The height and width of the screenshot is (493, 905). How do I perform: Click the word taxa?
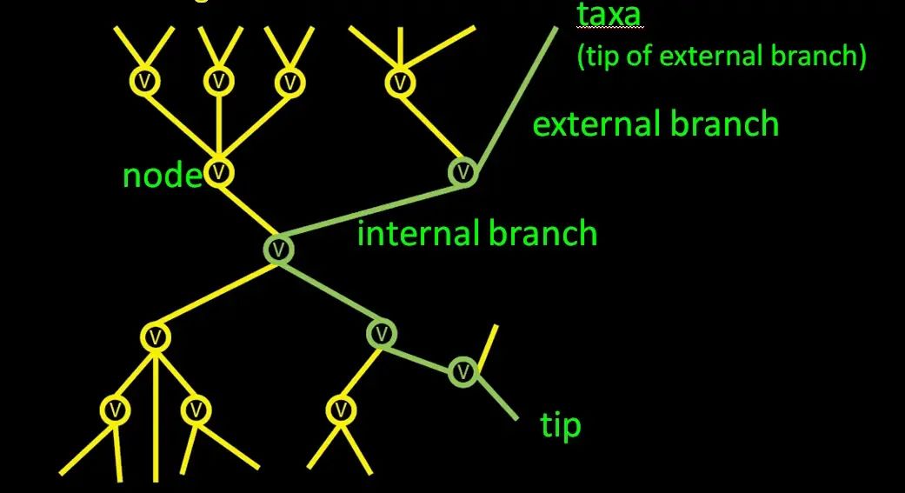click(609, 16)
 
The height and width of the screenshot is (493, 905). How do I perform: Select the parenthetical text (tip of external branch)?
click(721, 57)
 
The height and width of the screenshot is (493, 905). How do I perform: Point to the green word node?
click(163, 176)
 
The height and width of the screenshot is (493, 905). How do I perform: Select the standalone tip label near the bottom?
click(561, 426)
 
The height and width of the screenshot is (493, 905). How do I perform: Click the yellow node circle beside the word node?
click(219, 171)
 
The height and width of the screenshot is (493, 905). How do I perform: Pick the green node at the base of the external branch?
click(463, 172)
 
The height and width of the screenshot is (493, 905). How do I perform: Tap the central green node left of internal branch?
click(279, 249)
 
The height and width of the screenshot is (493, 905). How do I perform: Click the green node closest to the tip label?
click(464, 372)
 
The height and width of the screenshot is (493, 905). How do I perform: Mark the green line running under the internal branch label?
click(374, 213)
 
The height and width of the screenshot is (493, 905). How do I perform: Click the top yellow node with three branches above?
click(399, 83)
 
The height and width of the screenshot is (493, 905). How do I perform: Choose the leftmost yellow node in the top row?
click(144, 82)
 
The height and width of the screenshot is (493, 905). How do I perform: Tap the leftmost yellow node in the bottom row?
click(115, 408)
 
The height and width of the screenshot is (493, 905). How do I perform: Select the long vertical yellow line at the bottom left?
click(156, 417)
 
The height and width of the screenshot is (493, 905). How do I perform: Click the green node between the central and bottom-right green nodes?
click(381, 332)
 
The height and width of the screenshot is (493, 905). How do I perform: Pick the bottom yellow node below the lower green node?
click(341, 408)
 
